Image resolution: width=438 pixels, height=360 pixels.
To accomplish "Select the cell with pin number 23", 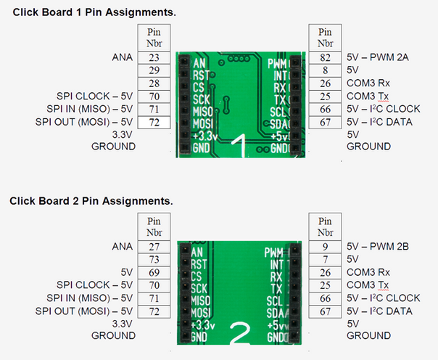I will pyautogui.click(x=154, y=57).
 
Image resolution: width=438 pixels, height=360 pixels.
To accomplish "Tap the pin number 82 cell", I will pyautogui.click(x=326, y=57).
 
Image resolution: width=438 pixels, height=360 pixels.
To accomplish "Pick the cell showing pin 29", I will pyautogui.click(x=154, y=70).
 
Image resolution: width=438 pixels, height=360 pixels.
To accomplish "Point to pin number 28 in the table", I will pyautogui.click(x=154, y=83).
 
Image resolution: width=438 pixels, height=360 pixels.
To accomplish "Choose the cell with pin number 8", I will pyautogui.click(x=326, y=70).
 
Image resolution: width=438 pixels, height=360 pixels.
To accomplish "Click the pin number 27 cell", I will pyautogui.click(x=154, y=246).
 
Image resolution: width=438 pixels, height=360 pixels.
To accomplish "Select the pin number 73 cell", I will pyautogui.click(x=154, y=259).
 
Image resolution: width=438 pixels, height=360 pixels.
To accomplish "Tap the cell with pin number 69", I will pyautogui.click(x=154, y=272).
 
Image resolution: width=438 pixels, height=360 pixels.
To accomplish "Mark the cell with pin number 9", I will pyautogui.click(x=326, y=246).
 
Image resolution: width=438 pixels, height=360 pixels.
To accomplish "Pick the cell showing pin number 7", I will pyautogui.click(x=326, y=259).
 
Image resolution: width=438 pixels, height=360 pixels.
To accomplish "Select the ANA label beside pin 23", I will pyautogui.click(x=123, y=57).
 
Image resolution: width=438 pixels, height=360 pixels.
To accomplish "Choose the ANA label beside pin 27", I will pyautogui.click(x=123, y=246).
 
